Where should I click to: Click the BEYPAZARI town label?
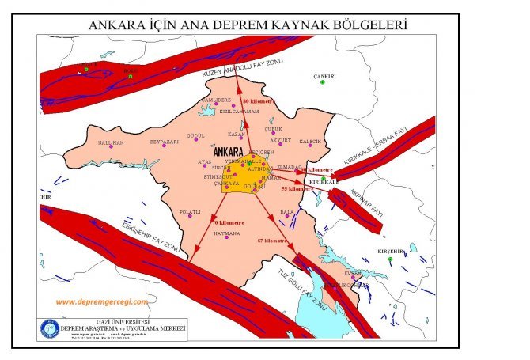[x=165, y=142]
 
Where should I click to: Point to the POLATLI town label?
[x=191, y=212]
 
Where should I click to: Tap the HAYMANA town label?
[x=227, y=233]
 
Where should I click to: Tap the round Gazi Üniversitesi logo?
[x=49, y=328]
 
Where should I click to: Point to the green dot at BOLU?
[x=131, y=75]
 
